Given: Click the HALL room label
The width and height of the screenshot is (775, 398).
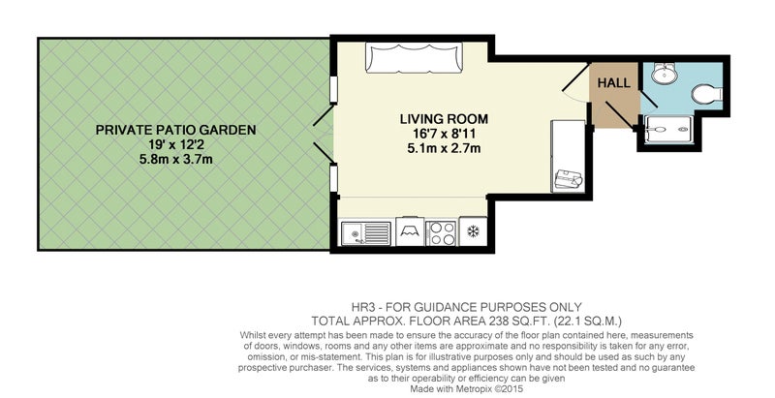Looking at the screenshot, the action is pos(614,83).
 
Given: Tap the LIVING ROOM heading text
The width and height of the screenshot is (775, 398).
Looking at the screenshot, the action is pos(444,119).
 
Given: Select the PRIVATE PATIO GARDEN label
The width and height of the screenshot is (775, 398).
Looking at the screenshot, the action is pos(175,130).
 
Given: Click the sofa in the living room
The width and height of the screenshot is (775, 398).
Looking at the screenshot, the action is pos(415,57).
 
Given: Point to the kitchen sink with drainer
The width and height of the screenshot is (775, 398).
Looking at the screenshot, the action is pos(366,232).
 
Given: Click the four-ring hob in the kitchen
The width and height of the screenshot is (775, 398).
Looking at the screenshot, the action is pos(441,233).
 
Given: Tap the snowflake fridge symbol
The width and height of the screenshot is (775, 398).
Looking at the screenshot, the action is pos(473,231).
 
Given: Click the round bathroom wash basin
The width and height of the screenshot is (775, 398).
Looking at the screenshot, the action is pos(665,74).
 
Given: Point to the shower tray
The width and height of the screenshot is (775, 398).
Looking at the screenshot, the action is pos(668,130).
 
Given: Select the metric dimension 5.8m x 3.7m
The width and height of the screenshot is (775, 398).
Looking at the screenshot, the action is pos(175,159).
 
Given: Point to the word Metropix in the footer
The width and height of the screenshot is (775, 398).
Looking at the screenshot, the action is pos(464,388).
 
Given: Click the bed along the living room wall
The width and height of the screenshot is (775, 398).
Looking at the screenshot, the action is pos(568,156).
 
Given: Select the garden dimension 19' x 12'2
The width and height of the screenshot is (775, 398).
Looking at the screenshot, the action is pos(175,144).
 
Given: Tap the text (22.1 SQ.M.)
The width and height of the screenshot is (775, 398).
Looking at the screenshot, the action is pos(588,321).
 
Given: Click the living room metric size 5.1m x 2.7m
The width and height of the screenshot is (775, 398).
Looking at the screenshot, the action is pos(444,148).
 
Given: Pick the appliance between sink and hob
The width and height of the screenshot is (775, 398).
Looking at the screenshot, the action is pos(409,231).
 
